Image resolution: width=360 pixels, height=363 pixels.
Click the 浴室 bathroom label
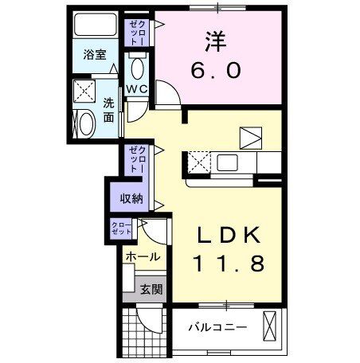tap(95, 54)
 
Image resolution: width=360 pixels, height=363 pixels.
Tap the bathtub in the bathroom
tap(96, 25)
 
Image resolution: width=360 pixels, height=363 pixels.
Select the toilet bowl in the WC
tap(138, 68)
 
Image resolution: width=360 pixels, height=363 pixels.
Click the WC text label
tap(137, 89)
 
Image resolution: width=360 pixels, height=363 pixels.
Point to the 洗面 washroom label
tap(108, 110)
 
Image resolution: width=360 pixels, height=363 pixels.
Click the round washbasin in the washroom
tap(87, 124)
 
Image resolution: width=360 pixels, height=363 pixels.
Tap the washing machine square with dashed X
tap(84, 91)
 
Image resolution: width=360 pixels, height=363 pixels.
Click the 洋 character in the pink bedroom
tap(217, 41)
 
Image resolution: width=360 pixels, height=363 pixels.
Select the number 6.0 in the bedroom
tap(216, 70)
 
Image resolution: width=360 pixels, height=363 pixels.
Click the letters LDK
tap(229, 235)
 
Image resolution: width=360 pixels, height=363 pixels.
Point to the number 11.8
tap(229, 263)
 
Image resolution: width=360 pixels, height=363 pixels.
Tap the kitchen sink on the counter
tap(227, 162)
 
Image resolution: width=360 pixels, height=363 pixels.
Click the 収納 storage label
tap(131, 198)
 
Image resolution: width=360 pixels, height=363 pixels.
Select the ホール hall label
tap(143, 256)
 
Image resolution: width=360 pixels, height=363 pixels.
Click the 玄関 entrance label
tap(151, 289)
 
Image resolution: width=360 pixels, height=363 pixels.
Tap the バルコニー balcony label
tap(217, 327)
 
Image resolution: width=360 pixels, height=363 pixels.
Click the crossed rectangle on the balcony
tap(269, 326)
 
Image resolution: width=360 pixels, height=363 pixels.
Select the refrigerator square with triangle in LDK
tap(251, 138)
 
